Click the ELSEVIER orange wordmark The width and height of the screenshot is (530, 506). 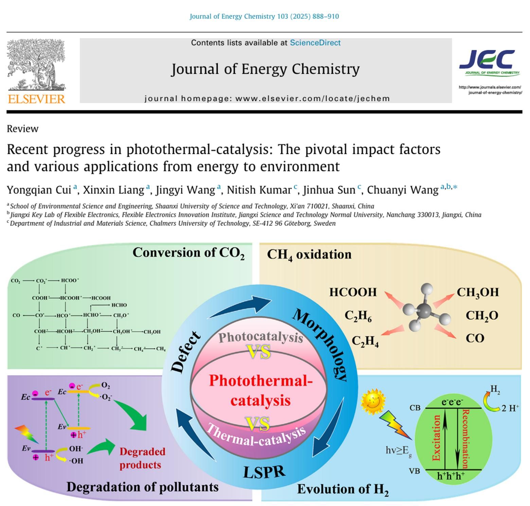click(x=36, y=99)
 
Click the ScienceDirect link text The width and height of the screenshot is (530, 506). click(x=315, y=43)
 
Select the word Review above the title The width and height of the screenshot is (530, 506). click(x=22, y=129)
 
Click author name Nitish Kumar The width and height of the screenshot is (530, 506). click(x=259, y=190)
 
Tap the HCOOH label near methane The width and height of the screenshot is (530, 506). click(x=353, y=292)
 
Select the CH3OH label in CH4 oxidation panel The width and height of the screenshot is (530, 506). click(x=477, y=292)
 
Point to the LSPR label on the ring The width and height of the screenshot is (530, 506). click(x=264, y=472)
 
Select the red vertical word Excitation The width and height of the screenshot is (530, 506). click(x=437, y=438)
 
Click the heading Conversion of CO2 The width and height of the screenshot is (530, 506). click(x=188, y=253)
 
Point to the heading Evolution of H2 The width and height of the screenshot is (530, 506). click(x=342, y=489)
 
